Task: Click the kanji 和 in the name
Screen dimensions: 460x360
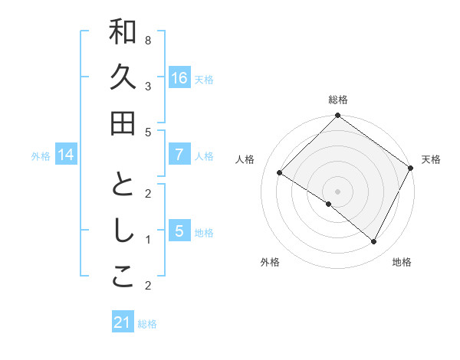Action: pos(123,33)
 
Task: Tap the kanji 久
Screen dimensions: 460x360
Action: pos(123,78)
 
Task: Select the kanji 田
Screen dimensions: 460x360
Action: pos(123,123)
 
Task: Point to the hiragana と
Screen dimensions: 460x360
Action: pos(123,185)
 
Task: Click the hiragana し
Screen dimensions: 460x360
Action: pos(123,231)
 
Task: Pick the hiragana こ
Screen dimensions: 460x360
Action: pos(123,277)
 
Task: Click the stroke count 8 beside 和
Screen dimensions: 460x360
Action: pos(147,40)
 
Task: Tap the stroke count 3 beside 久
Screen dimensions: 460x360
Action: pos(147,86)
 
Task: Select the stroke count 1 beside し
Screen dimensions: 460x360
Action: pos(147,240)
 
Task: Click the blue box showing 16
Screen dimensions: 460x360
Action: pos(179,77)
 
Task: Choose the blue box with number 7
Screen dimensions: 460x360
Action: pos(179,155)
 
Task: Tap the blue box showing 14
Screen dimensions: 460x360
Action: pos(65,155)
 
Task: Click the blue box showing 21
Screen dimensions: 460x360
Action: pos(123,322)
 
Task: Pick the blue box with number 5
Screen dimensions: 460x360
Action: pos(179,231)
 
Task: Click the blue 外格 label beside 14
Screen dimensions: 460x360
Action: pos(40,155)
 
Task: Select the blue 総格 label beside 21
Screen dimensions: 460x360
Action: pos(147,323)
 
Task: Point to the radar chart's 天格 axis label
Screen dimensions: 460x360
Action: pos(431,159)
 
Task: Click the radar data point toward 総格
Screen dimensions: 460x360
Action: pos(337,117)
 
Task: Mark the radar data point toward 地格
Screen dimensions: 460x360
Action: pos(374,242)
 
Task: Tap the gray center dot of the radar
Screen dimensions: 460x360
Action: pos(337,191)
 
